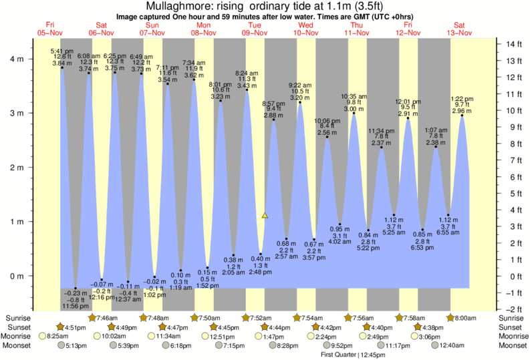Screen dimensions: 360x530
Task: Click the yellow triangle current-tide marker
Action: point(265,215)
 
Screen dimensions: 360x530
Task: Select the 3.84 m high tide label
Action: point(61,62)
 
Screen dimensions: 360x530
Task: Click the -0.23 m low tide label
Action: point(75,293)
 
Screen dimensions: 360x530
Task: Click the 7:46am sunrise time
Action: point(102,317)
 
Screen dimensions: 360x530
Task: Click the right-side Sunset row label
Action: point(512,327)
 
